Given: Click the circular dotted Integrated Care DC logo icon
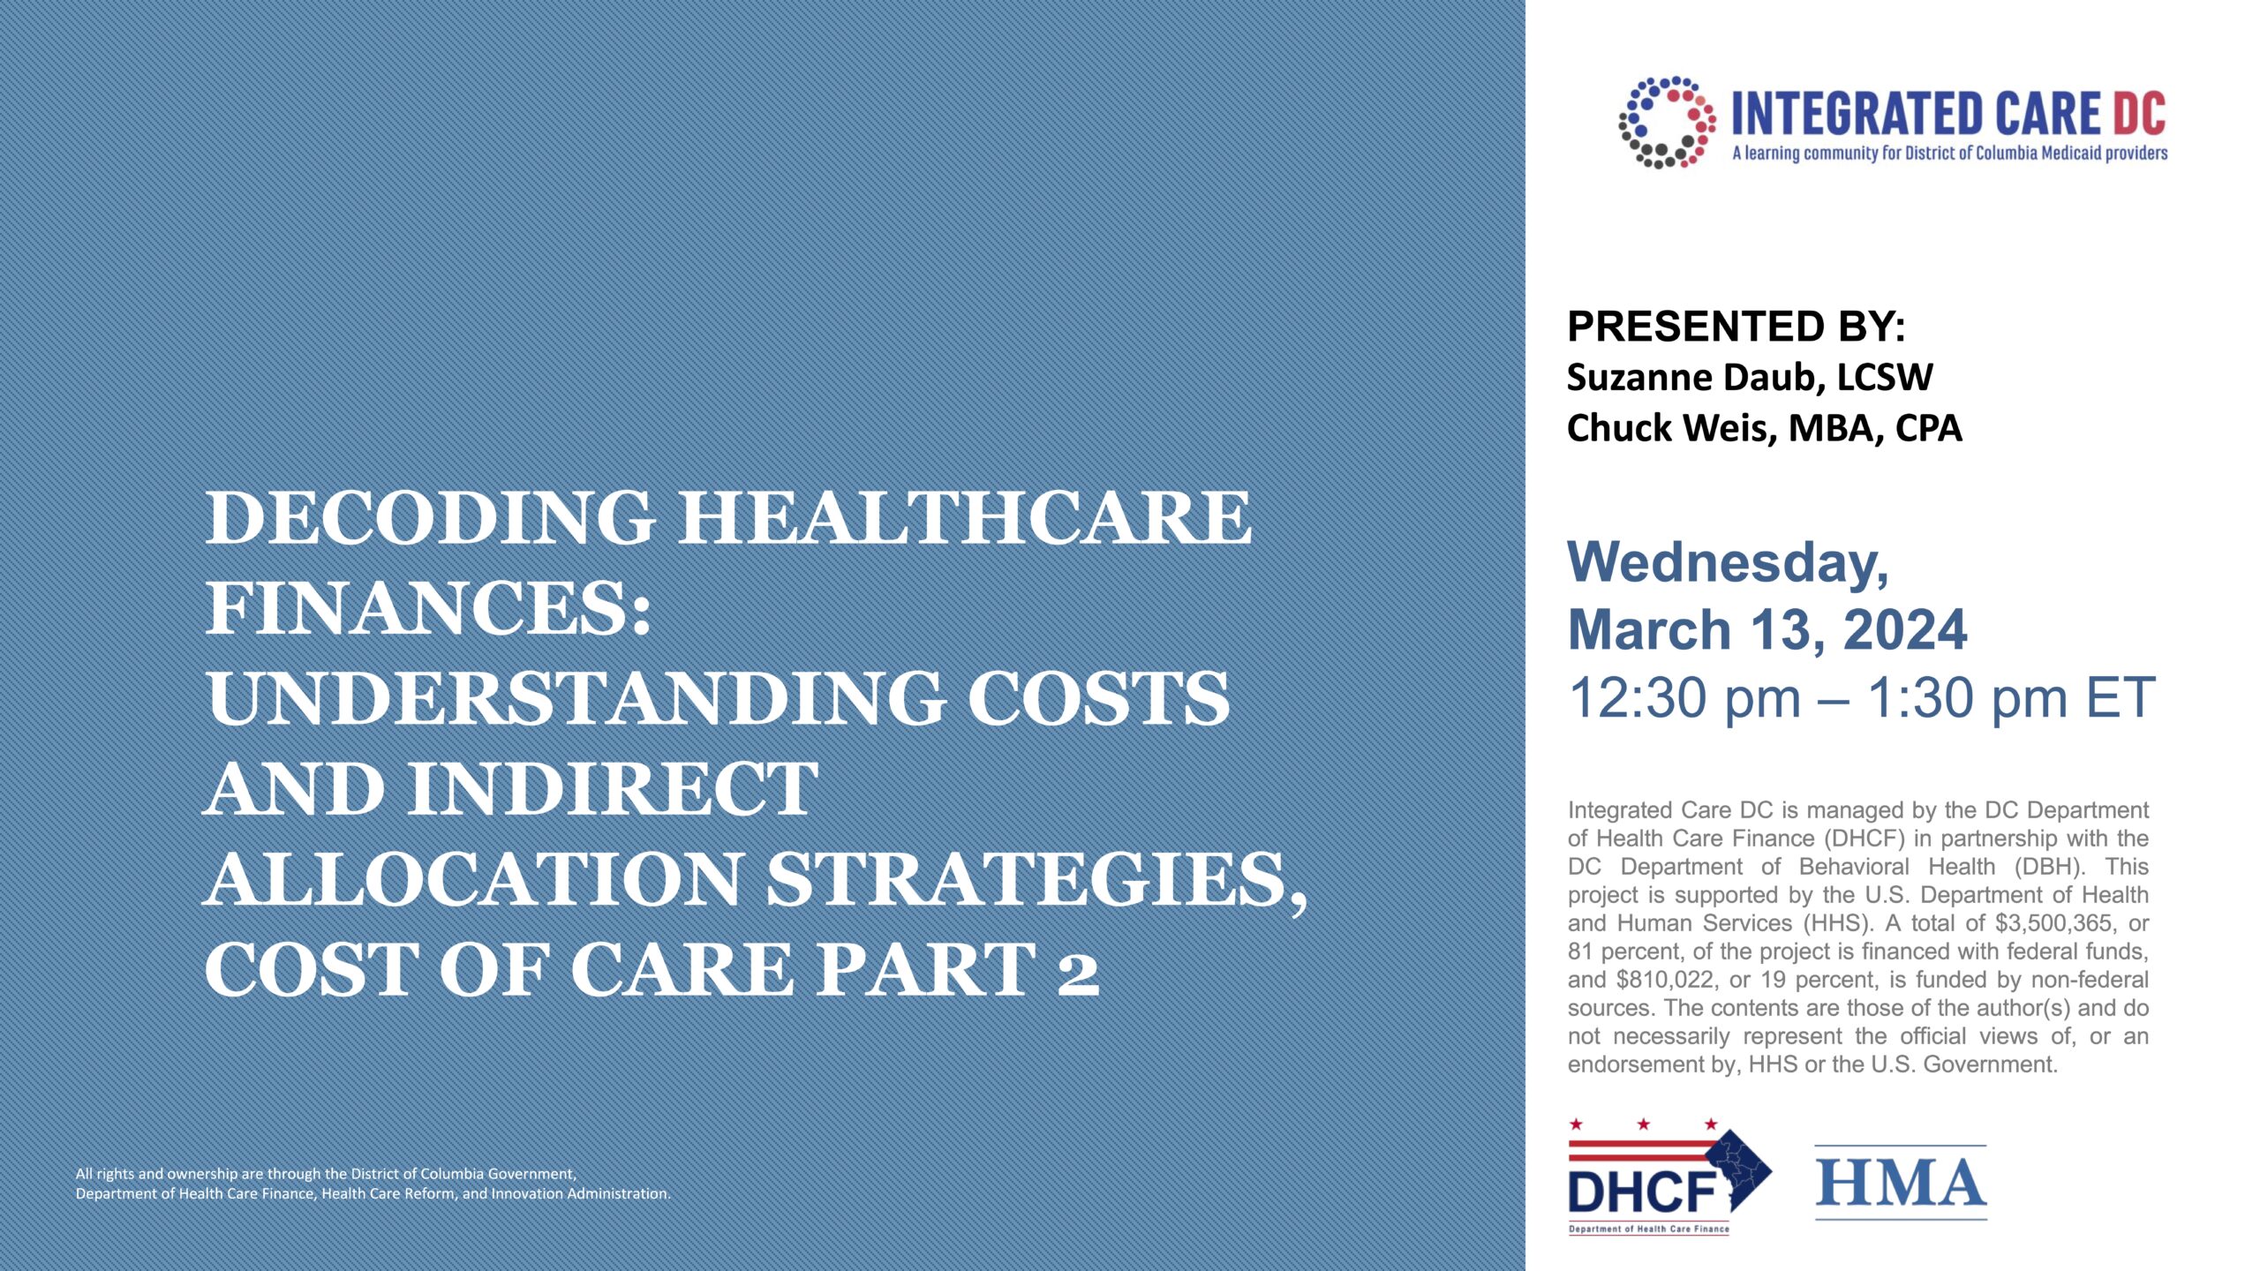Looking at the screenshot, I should coord(1667,123).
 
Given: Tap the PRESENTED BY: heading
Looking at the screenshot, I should coord(1736,327).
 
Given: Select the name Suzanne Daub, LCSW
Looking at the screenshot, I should coord(1749,377).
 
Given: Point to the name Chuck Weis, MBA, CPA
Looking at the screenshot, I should coord(1764,428).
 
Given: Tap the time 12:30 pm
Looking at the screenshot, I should coord(1684,698).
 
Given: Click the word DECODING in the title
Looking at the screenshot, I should coord(430,518).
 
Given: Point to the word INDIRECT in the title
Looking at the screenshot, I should coord(611,788).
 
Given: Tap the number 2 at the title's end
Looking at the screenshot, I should coord(1077,970).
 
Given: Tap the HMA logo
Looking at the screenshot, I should coord(1900,1183).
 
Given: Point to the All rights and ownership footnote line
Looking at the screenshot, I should coord(326,1174).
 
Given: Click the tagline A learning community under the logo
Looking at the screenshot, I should coord(1949,154).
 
